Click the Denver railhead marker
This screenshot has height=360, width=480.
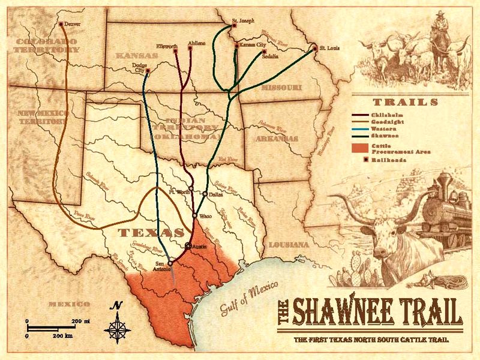click(62, 25)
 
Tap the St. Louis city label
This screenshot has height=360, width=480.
click(329, 47)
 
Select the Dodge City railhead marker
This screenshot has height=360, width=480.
click(148, 71)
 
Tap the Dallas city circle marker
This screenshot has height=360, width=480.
click(205, 194)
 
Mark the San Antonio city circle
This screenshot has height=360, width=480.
click(170, 262)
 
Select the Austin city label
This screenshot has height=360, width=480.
click(200, 246)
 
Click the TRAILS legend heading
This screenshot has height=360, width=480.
click(405, 101)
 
